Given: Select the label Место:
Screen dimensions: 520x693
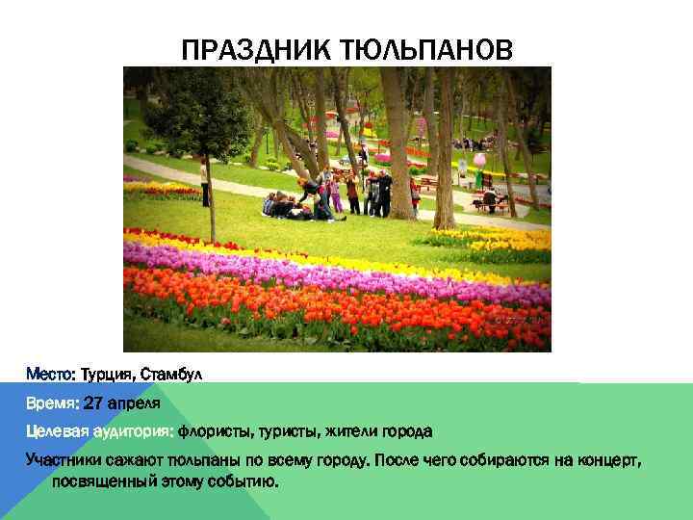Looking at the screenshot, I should [51, 373].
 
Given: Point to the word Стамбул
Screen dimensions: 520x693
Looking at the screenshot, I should [173, 373].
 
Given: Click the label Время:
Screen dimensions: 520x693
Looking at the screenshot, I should [53, 402].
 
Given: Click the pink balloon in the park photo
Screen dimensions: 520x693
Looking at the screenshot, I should [479, 160].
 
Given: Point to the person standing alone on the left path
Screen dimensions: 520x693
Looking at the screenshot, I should [205, 183].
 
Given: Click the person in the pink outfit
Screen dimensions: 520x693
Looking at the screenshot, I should [336, 193].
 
